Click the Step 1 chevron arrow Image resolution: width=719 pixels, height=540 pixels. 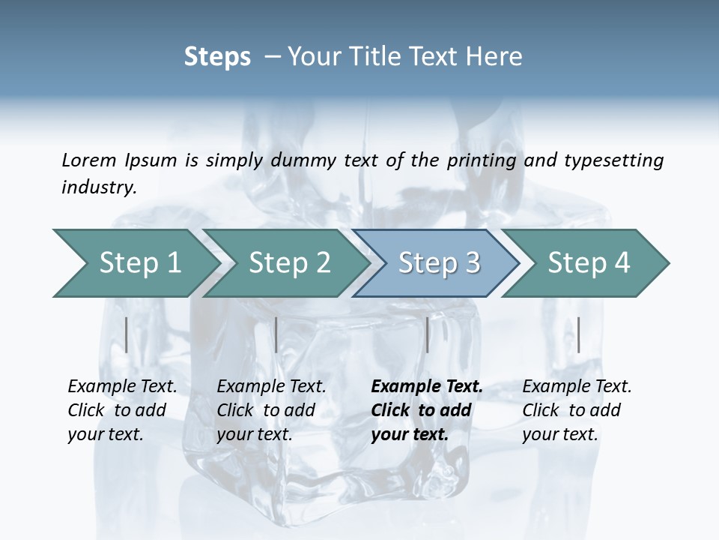pos(135,262)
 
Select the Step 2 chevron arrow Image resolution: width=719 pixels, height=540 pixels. pos(287,262)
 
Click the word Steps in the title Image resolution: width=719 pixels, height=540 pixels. pos(217,57)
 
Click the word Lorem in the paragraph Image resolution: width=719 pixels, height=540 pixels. pos(88,160)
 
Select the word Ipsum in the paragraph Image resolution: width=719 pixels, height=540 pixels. pos(151,160)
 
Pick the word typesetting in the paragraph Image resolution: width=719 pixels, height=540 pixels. pos(613,160)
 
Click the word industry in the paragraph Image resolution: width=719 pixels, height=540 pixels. pos(99,187)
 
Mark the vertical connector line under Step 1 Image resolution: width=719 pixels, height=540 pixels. pos(126,334)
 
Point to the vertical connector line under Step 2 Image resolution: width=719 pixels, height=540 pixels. pos(276,334)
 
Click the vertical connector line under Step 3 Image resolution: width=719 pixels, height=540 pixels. pos(427,334)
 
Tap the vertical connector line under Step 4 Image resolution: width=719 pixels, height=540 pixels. pos(578,334)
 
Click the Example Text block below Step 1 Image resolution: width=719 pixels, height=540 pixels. pos(122,410)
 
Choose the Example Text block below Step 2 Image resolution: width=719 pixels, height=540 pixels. pos(271,410)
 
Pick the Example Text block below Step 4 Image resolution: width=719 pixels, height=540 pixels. pos(577,410)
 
